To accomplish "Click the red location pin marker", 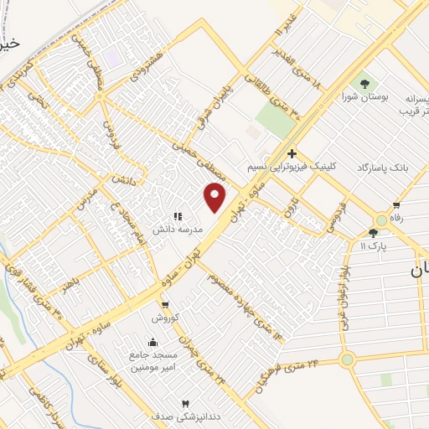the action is [x=215, y=198].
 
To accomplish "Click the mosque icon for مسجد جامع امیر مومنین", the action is [x=152, y=342].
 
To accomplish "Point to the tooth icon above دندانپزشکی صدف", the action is [x=185, y=403].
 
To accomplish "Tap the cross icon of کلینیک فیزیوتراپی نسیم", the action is [x=292, y=153].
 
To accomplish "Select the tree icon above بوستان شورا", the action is [x=364, y=82].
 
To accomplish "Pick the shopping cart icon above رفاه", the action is [x=395, y=204].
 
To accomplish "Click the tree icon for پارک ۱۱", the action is [x=373, y=233].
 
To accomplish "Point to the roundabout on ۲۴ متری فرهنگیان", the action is [x=346, y=359].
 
